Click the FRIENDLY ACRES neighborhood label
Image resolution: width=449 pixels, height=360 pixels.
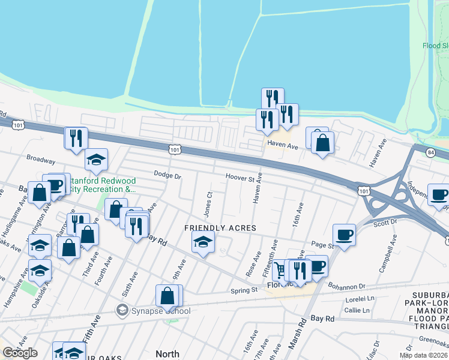coord(220,228)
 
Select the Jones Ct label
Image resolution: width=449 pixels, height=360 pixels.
coord(209,204)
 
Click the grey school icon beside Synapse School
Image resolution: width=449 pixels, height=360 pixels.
coord(122,310)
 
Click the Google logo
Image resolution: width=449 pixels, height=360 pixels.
coord(20,353)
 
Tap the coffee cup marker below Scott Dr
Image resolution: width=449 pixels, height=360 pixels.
coord(345,235)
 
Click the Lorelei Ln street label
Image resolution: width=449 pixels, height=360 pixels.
coord(360,298)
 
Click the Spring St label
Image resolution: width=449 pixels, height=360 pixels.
coord(244,290)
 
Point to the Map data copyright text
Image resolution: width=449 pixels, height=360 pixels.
coord(423,355)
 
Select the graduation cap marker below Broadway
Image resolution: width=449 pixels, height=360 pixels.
coord(96,160)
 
